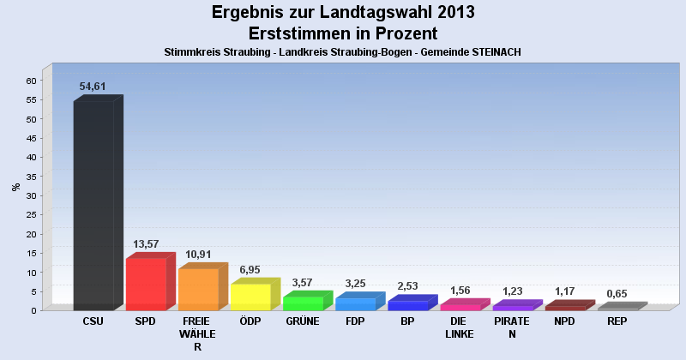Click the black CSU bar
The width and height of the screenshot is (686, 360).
click(93, 206)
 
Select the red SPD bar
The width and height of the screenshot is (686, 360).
click(146, 284)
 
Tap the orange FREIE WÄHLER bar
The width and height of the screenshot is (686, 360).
click(198, 289)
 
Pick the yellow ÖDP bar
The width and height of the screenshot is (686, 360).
click(250, 297)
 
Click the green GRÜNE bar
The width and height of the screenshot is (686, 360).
click(303, 303)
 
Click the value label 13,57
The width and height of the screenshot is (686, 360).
click(146, 244)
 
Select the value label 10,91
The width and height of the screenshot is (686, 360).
click(198, 255)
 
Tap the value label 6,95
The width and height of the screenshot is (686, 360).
click(250, 270)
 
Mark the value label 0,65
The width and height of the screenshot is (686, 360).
click(617, 294)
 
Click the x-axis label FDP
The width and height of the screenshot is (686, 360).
click(355, 321)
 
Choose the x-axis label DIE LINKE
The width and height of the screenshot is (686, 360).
click(460, 327)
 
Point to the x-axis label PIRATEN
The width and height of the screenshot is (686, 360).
click(512, 327)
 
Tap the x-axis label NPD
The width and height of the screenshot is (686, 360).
click(564, 321)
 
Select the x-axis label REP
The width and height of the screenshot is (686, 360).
click(617, 321)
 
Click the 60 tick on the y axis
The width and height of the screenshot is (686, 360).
click(31, 81)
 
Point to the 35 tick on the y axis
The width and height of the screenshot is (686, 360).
click(31, 177)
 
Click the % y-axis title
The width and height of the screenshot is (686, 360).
click(15, 186)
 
